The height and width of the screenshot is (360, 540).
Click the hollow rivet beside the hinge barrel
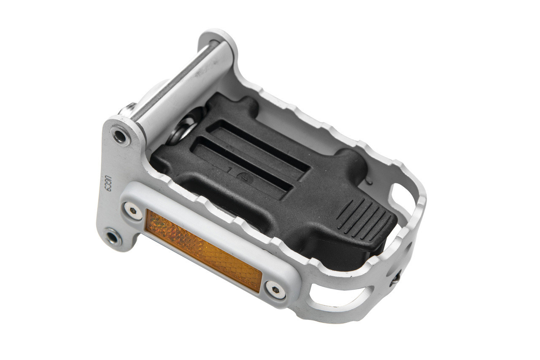click(x=120, y=136)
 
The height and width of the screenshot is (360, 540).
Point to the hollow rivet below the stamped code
click(x=113, y=237)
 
